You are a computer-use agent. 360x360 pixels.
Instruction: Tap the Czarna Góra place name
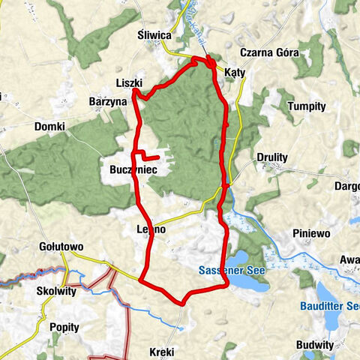tap(269, 53)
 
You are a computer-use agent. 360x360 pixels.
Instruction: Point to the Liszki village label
tap(129, 82)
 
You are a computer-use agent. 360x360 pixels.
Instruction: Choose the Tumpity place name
tap(307, 106)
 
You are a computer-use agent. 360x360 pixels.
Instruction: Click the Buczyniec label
tap(128, 170)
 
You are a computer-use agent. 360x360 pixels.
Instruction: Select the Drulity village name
tap(271, 157)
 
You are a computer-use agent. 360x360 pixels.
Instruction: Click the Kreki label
tap(162, 351)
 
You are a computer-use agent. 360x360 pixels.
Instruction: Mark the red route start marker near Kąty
tap(211, 62)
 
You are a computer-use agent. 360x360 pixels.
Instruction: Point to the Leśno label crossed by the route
tap(151, 229)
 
